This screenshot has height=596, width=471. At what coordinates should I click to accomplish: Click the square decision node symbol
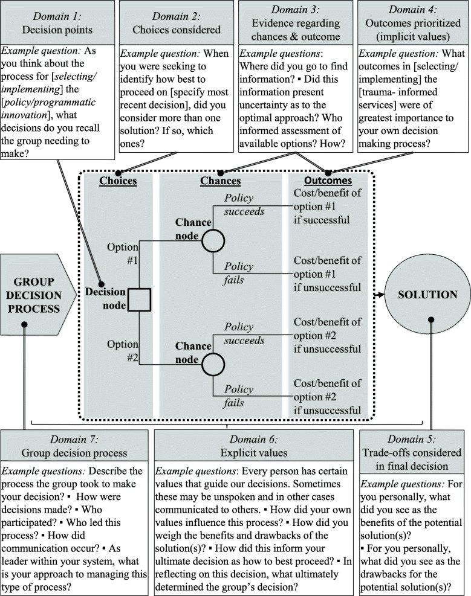click(140, 299)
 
